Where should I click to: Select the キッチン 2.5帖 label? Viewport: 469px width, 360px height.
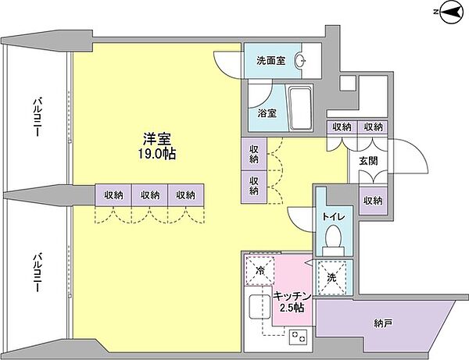[x=292, y=301]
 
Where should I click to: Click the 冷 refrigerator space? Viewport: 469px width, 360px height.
[x=259, y=272]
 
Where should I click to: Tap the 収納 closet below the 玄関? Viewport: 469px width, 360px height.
[x=373, y=200]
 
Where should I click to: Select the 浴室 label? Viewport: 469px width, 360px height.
[x=267, y=112]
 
